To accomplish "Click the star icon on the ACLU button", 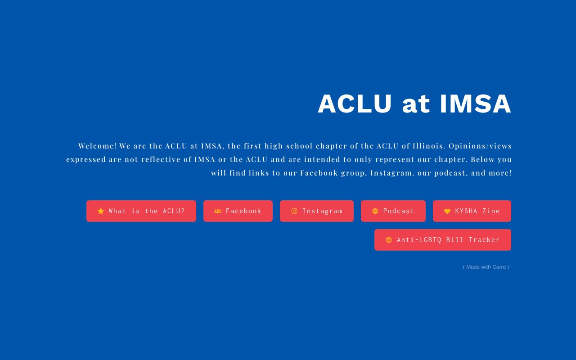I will [x=101, y=211].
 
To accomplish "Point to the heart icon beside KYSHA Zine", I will [x=447, y=211].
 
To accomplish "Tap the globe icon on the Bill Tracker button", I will [x=389, y=240].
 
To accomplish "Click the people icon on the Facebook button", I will [x=218, y=211].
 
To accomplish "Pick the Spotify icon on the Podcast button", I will [x=375, y=211].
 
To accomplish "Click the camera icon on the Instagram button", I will [x=294, y=211].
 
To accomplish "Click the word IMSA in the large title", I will [x=475, y=104].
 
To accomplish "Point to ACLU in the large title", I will [x=355, y=104].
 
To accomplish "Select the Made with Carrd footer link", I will [x=486, y=267].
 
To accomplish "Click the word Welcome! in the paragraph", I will [x=97, y=146].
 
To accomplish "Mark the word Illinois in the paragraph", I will [x=429, y=146].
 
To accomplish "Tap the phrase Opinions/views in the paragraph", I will [x=480, y=146].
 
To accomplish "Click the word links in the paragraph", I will [x=259, y=173].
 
